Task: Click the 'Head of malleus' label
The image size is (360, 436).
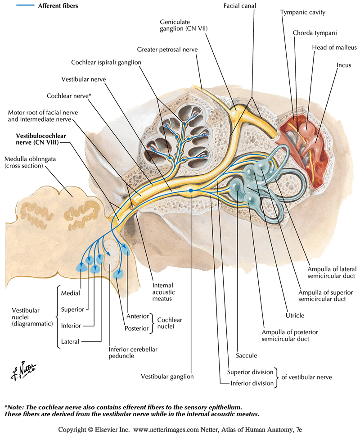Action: point(328,48)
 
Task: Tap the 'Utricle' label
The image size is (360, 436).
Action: point(295,315)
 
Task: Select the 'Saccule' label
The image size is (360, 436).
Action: point(247,355)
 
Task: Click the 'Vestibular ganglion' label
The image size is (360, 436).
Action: point(167,376)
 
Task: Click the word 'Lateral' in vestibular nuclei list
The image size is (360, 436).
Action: point(70,341)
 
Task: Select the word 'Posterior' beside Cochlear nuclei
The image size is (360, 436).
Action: point(136,328)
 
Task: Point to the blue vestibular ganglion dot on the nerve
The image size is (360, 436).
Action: point(191,191)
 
